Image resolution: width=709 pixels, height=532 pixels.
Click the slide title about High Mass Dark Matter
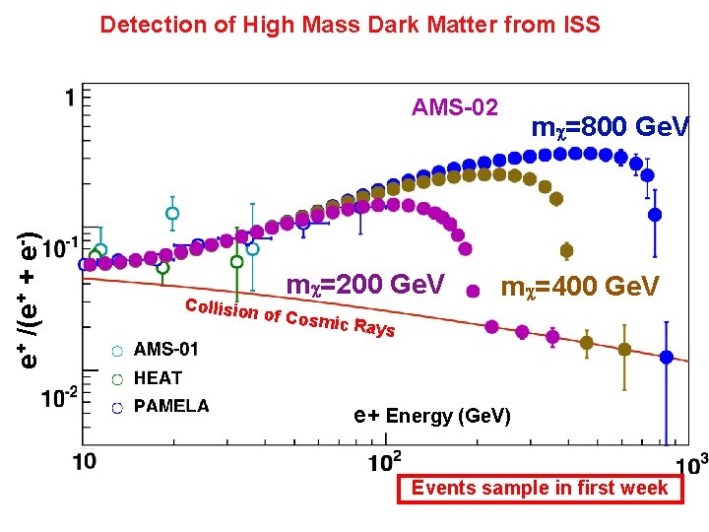tap(350, 25)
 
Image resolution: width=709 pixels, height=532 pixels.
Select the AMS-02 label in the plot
tap(455, 107)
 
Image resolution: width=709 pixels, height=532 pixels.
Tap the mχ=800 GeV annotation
tap(611, 127)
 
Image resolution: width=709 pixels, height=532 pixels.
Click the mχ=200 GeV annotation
tap(365, 285)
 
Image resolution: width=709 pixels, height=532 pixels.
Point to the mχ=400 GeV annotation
tap(580, 287)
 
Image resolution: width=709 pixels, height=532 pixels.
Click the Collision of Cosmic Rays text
tap(290, 315)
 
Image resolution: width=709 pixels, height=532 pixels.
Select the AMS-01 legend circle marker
tap(117, 350)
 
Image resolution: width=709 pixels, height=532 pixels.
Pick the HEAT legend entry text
tap(158, 377)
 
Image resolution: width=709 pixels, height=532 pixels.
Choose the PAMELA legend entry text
tap(171, 405)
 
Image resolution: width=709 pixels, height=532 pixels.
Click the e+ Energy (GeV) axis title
tap(432, 416)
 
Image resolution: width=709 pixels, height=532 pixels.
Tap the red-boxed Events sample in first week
tap(539, 488)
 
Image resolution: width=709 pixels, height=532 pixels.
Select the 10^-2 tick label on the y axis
tap(58, 398)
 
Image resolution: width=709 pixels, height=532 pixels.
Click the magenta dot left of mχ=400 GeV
tap(474, 291)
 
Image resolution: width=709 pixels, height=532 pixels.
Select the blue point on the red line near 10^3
tap(667, 359)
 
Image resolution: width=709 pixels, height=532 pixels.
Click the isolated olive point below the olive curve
tap(566, 250)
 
